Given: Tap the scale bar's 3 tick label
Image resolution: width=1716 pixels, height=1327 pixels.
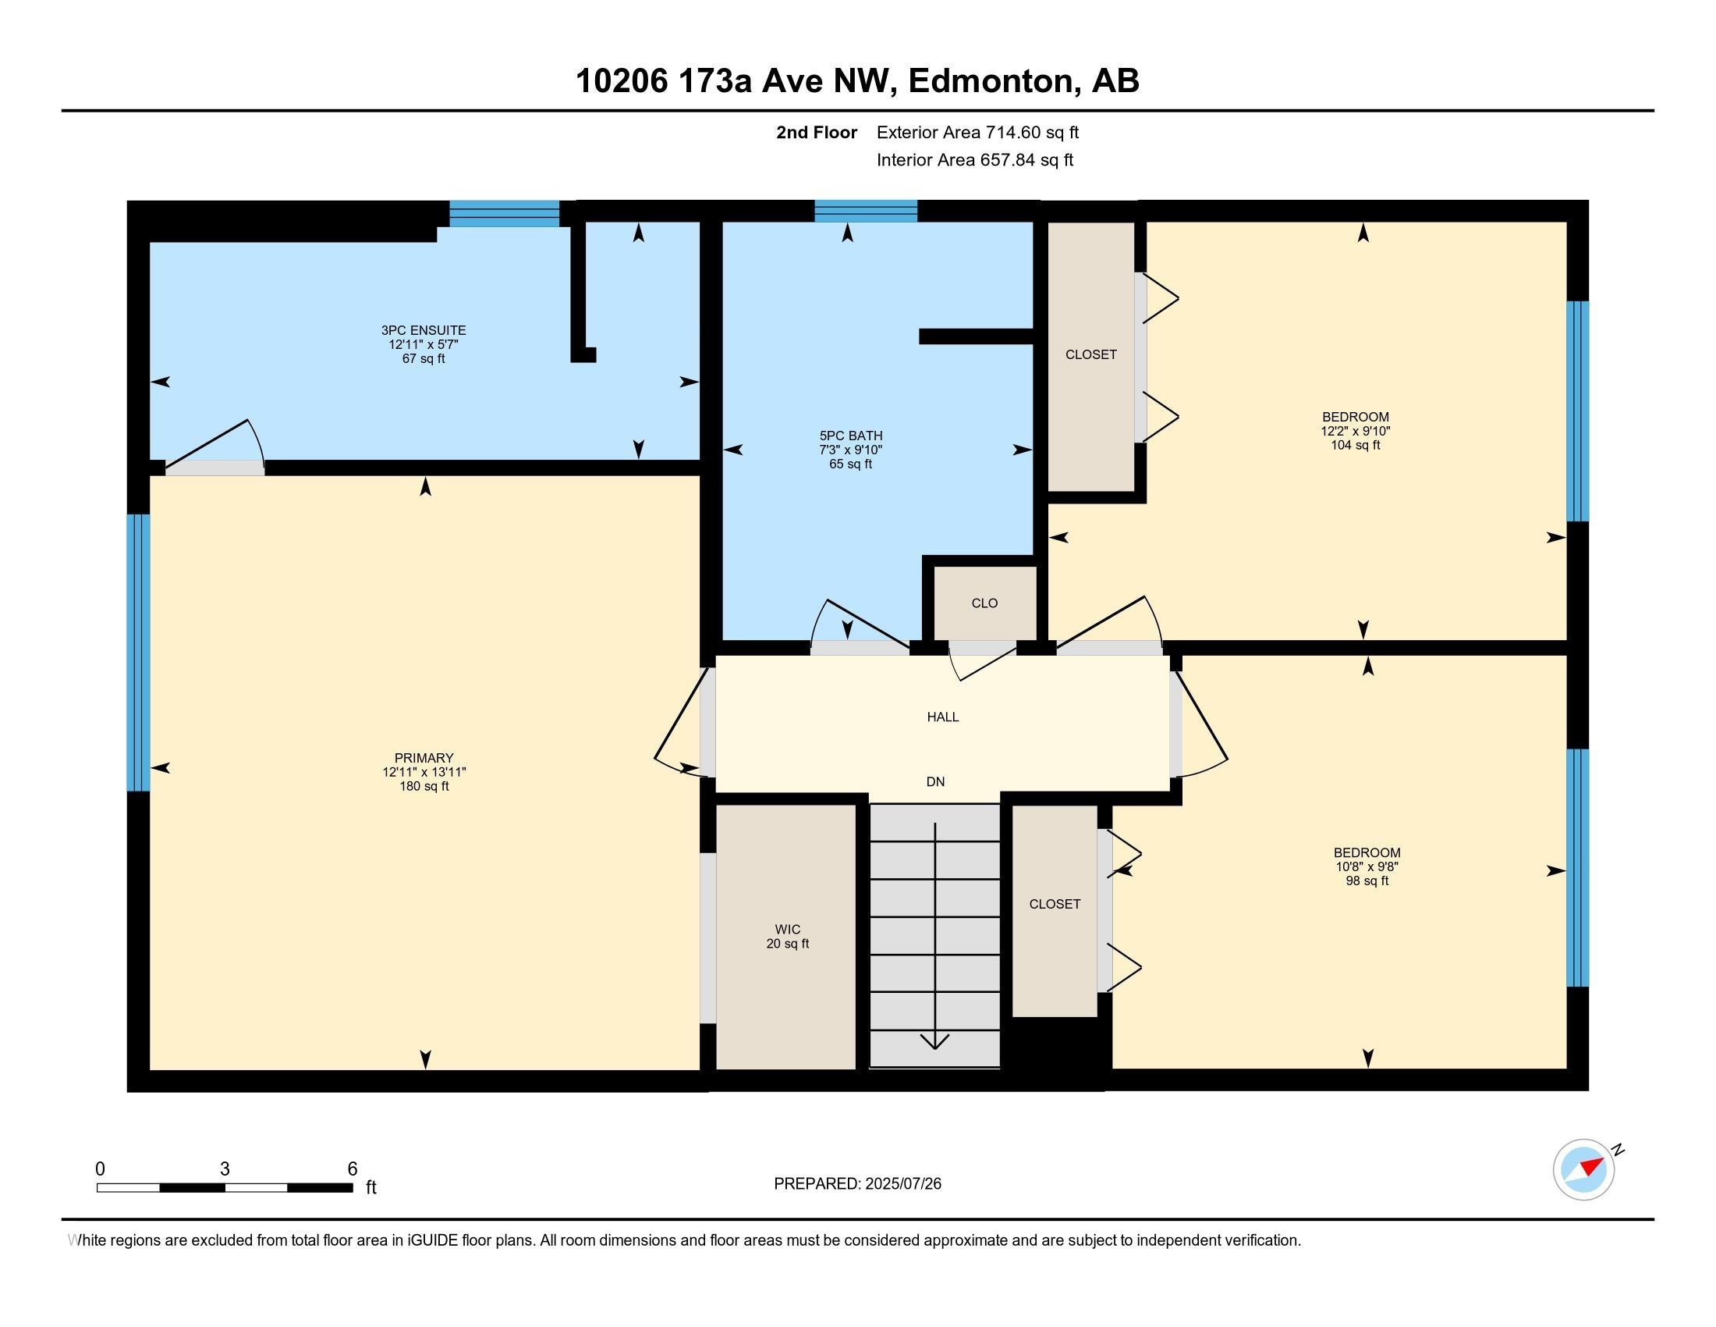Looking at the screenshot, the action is coord(225,1169).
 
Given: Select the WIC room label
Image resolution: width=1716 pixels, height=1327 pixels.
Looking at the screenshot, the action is coord(787,929).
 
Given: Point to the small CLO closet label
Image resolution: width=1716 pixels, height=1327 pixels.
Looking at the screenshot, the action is coord(984,603).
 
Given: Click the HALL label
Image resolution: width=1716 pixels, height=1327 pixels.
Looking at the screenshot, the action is coord(943,717).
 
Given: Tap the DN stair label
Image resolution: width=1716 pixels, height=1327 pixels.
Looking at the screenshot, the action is coord(935,781).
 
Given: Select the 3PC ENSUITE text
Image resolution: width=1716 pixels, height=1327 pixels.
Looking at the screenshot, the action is coord(424,330).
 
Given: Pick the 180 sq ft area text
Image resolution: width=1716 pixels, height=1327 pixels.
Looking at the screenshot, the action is coord(424,786).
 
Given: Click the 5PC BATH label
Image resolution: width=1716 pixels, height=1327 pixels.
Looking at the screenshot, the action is coord(851,436).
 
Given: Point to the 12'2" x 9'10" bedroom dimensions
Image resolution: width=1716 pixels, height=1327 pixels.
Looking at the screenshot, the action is coord(1356,431).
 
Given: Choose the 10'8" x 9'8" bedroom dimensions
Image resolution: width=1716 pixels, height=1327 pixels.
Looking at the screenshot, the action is coord(1367,866).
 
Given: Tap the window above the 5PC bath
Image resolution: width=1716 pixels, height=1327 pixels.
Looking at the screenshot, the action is coord(866,211).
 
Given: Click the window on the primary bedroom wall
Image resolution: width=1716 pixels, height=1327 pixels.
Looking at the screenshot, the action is coord(138,653).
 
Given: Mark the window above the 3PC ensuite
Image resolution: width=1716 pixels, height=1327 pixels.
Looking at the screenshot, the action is coord(505,213).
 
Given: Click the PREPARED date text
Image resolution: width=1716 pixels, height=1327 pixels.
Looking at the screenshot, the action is coord(857,1183).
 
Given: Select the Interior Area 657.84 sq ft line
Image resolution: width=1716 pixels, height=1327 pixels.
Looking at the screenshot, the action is coord(975,160).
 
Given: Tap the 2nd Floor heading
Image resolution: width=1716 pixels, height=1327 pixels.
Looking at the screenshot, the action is coord(817,132).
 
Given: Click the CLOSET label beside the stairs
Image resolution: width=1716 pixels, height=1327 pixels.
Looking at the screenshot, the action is coord(1055,904).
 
